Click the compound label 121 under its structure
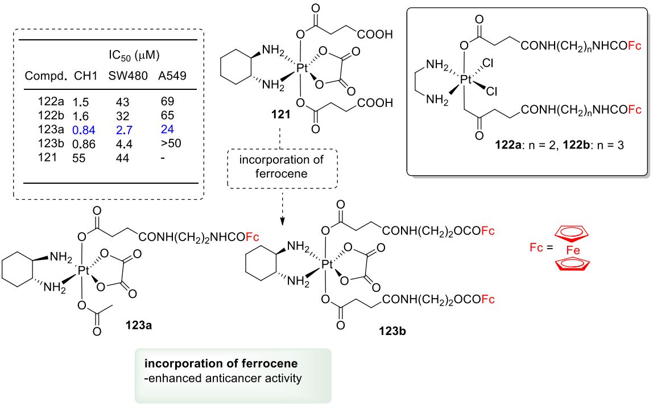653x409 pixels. [x=282, y=114]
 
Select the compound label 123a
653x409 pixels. [x=139, y=327]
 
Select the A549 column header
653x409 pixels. [x=173, y=76]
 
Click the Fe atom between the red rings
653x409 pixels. [x=572, y=250]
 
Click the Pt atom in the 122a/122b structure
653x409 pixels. [x=466, y=81]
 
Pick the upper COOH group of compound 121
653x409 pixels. [x=375, y=35]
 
